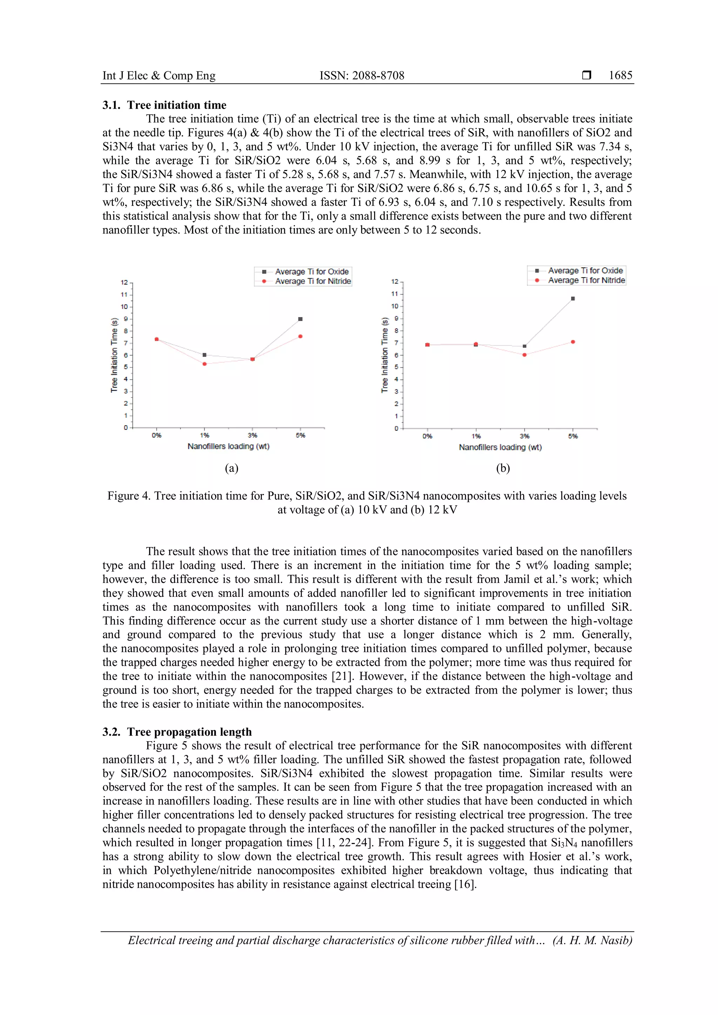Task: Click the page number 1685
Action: [620, 76]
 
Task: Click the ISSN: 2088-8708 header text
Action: [362, 76]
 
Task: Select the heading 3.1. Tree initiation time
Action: [164, 105]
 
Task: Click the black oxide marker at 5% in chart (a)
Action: [300, 319]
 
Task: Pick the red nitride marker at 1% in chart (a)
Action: [205, 364]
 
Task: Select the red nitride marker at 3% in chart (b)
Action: [524, 355]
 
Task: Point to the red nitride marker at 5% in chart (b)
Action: [573, 342]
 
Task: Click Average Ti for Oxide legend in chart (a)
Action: [311, 271]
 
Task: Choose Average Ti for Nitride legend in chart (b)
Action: [586, 280]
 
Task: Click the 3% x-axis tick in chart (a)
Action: [252, 435]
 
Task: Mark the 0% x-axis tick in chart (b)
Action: [427, 436]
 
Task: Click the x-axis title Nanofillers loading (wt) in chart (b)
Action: [500, 447]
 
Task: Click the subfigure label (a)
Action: [232, 468]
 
